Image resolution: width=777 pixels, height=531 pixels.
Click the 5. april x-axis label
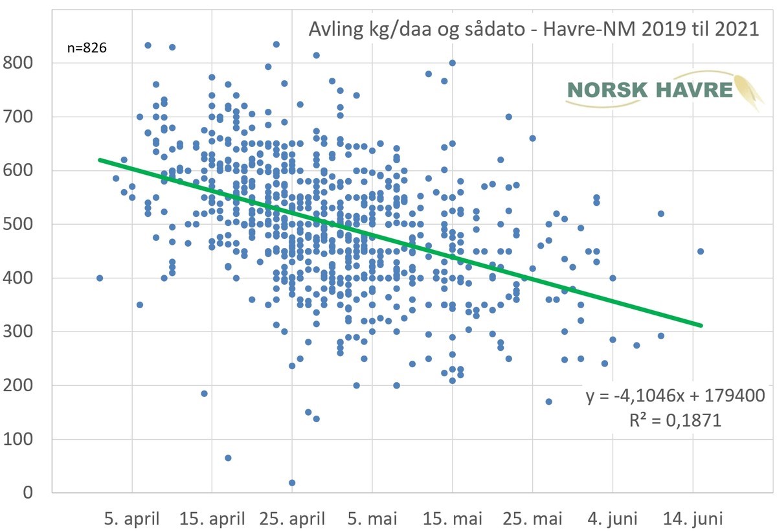coord(132,519)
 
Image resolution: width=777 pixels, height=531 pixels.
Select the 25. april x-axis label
coord(292,519)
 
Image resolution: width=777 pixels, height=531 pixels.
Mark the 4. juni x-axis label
coord(613,519)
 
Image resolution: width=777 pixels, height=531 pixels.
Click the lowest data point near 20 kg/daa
coord(292,482)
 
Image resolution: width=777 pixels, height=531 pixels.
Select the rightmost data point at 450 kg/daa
coord(701,251)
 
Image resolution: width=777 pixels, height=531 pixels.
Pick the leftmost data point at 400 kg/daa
coord(100,278)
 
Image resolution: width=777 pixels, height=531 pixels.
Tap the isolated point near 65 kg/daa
coord(228,458)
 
